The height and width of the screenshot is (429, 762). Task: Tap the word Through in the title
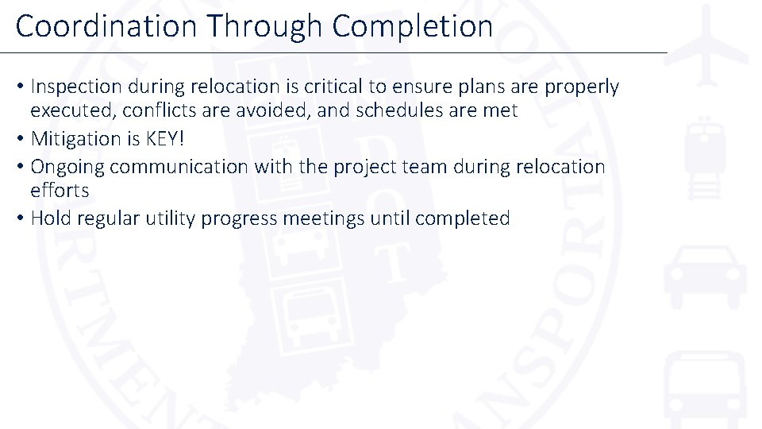pyautogui.click(x=266, y=26)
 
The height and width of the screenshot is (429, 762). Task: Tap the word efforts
pyautogui.click(x=60, y=191)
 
